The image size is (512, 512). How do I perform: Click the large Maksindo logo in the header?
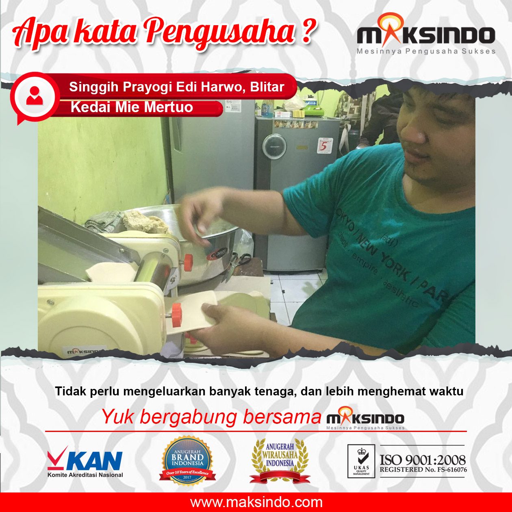point(426,35)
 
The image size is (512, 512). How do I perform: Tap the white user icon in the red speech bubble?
point(35,96)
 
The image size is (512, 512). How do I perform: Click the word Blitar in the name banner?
point(267,87)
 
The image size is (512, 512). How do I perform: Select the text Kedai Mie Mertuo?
point(132,107)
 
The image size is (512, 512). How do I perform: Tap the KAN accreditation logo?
point(85,462)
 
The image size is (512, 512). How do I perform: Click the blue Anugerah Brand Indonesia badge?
point(187,460)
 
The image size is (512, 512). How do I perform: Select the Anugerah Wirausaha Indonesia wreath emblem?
point(280,460)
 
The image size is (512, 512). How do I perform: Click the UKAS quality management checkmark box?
point(361,460)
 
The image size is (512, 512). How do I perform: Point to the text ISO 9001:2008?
point(423,460)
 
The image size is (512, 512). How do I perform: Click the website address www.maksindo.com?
point(256,502)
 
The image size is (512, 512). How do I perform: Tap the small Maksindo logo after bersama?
point(365,418)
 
